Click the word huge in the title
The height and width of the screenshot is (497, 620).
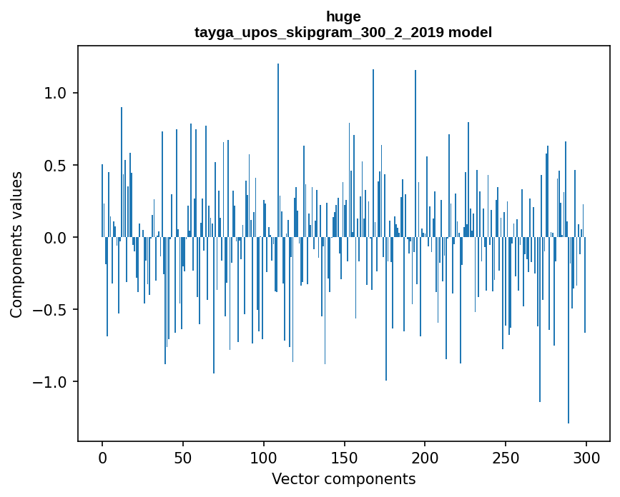(x=343, y=16)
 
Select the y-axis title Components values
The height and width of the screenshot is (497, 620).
(x=16, y=244)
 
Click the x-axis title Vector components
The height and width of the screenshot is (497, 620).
(x=343, y=479)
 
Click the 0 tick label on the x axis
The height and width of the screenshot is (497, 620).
(x=102, y=458)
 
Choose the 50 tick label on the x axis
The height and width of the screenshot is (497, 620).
(x=183, y=458)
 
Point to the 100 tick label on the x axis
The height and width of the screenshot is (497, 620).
(x=264, y=458)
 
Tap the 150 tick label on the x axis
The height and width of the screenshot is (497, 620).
(x=345, y=458)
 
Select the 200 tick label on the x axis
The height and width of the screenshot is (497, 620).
(x=425, y=458)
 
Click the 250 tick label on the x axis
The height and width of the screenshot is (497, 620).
(x=506, y=458)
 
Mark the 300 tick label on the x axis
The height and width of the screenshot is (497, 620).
(x=586, y=458)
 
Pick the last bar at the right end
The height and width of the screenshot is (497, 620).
(x=585, y=285)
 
